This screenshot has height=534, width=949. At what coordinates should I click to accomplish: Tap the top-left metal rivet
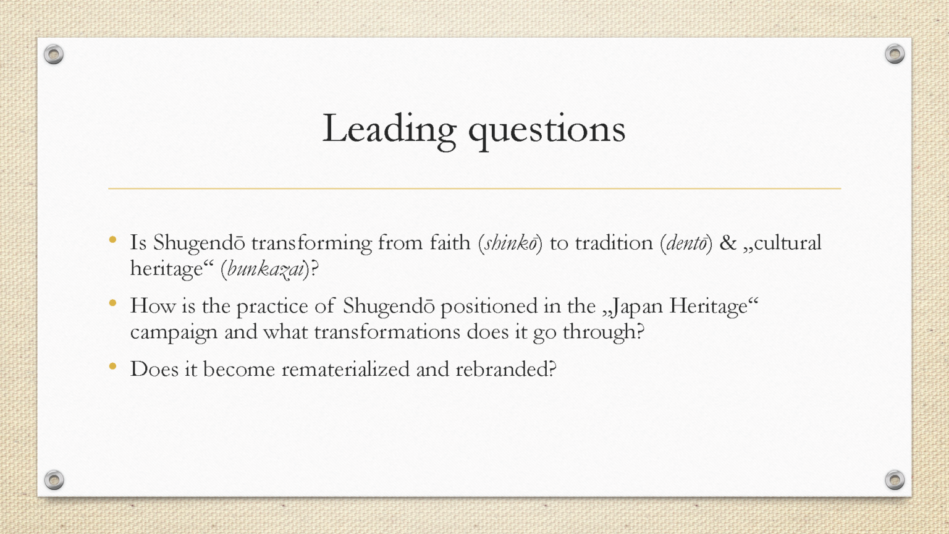[x=54, y=54]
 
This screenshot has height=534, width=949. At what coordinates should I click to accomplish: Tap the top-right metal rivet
[x=895, y=54]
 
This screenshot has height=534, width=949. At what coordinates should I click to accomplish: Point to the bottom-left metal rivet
[x=54, y=480]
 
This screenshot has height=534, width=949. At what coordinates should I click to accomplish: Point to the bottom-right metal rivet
[x=895, y=480]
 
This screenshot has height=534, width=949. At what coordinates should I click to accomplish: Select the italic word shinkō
[x=510, y=244]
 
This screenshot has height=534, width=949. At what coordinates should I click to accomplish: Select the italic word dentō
[x=686, y=244]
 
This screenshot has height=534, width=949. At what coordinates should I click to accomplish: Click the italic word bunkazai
[x=266, y=269]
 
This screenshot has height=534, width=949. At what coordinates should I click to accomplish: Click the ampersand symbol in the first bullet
[x=728, y=243]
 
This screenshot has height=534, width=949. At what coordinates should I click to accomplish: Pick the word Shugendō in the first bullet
[x=199, y=244]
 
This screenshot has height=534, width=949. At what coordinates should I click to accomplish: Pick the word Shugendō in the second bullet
[x=389, y=307]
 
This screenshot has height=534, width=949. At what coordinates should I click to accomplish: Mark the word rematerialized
[x=346, y=369]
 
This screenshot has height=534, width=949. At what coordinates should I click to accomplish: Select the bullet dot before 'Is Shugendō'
[x=112, y=240]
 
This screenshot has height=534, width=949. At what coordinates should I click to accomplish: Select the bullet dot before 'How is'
[x=112, y=303]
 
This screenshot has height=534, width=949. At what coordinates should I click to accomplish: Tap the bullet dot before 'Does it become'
[x=112, y=366]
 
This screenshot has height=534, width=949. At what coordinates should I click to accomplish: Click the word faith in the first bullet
[x=450, y=243]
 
